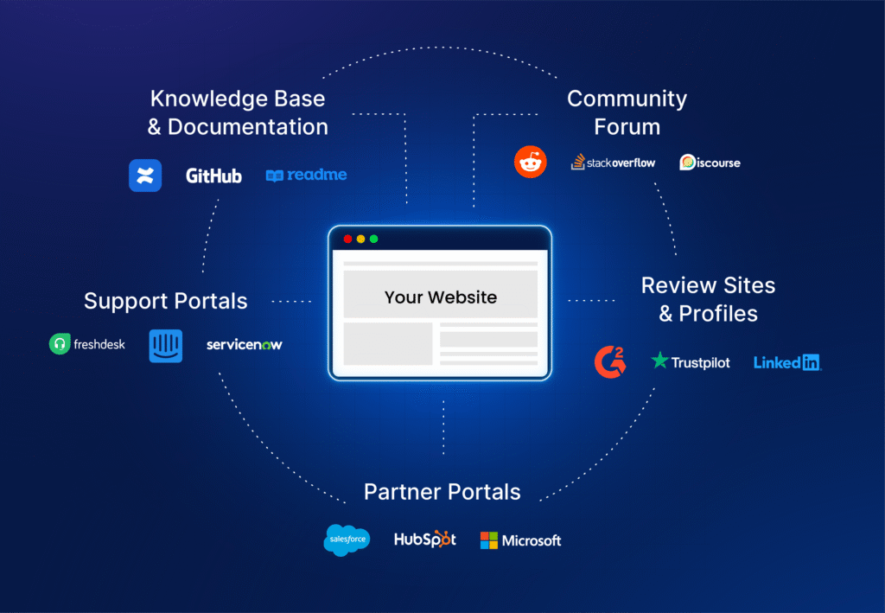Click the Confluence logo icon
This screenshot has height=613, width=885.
click(145, 176)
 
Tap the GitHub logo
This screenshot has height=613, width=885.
click(213, 176)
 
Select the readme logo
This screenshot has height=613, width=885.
click(306, 175)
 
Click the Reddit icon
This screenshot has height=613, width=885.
click(531, 162)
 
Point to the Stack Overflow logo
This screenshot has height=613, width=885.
click(613, 162)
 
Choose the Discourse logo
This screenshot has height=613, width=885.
click(710, 163)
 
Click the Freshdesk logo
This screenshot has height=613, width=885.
click(87, 344)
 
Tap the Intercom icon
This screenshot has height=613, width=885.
click(165, 345)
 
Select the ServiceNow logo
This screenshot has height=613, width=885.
click(244, 345)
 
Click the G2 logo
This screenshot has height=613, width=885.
click(610, 361)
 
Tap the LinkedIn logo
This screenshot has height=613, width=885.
click(786, 362)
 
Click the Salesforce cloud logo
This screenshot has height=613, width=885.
click(347, 540)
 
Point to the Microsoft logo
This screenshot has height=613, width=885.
click(520, 540)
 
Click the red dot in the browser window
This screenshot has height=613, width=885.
click(347, 239)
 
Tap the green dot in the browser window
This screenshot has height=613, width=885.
click(373, 239)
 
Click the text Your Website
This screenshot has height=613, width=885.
click(441, 297)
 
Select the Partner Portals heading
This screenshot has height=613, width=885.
click(442, 492)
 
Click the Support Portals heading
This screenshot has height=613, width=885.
click(165, 301)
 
